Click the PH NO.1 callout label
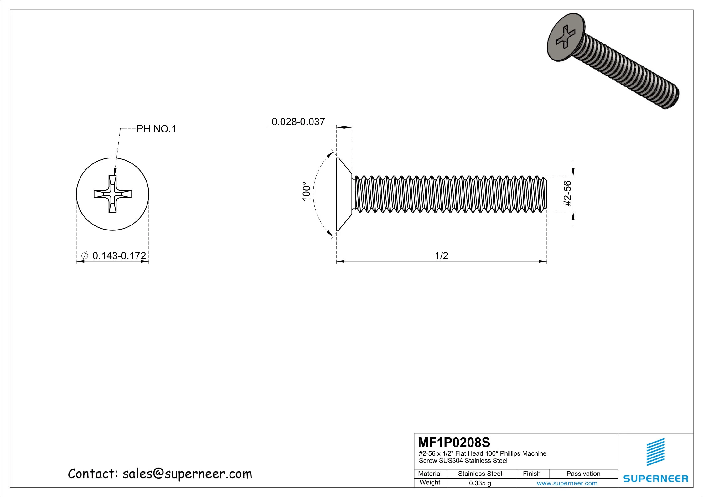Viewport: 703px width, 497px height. [156, 129]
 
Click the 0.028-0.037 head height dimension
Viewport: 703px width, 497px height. [298, 122]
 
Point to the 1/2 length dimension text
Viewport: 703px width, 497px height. [442, 256]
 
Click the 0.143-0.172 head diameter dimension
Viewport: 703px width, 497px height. [119, 256]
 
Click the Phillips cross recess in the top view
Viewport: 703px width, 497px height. [113, 194]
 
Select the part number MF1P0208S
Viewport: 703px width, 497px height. [454, 443]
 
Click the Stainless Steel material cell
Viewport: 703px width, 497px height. [480, 474]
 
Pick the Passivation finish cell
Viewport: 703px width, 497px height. [583, 474]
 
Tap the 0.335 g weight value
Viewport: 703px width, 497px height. [480, 483]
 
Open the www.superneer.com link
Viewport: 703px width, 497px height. [567, 483]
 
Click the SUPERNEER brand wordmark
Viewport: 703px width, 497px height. [656, 479]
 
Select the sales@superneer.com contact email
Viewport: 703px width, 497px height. [187, 474]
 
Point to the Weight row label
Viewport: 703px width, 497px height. [430, 482]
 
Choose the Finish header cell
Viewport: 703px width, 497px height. [531, 474]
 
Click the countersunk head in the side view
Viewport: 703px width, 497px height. [343, 194]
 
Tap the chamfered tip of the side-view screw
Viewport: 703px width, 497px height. [545, 194]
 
